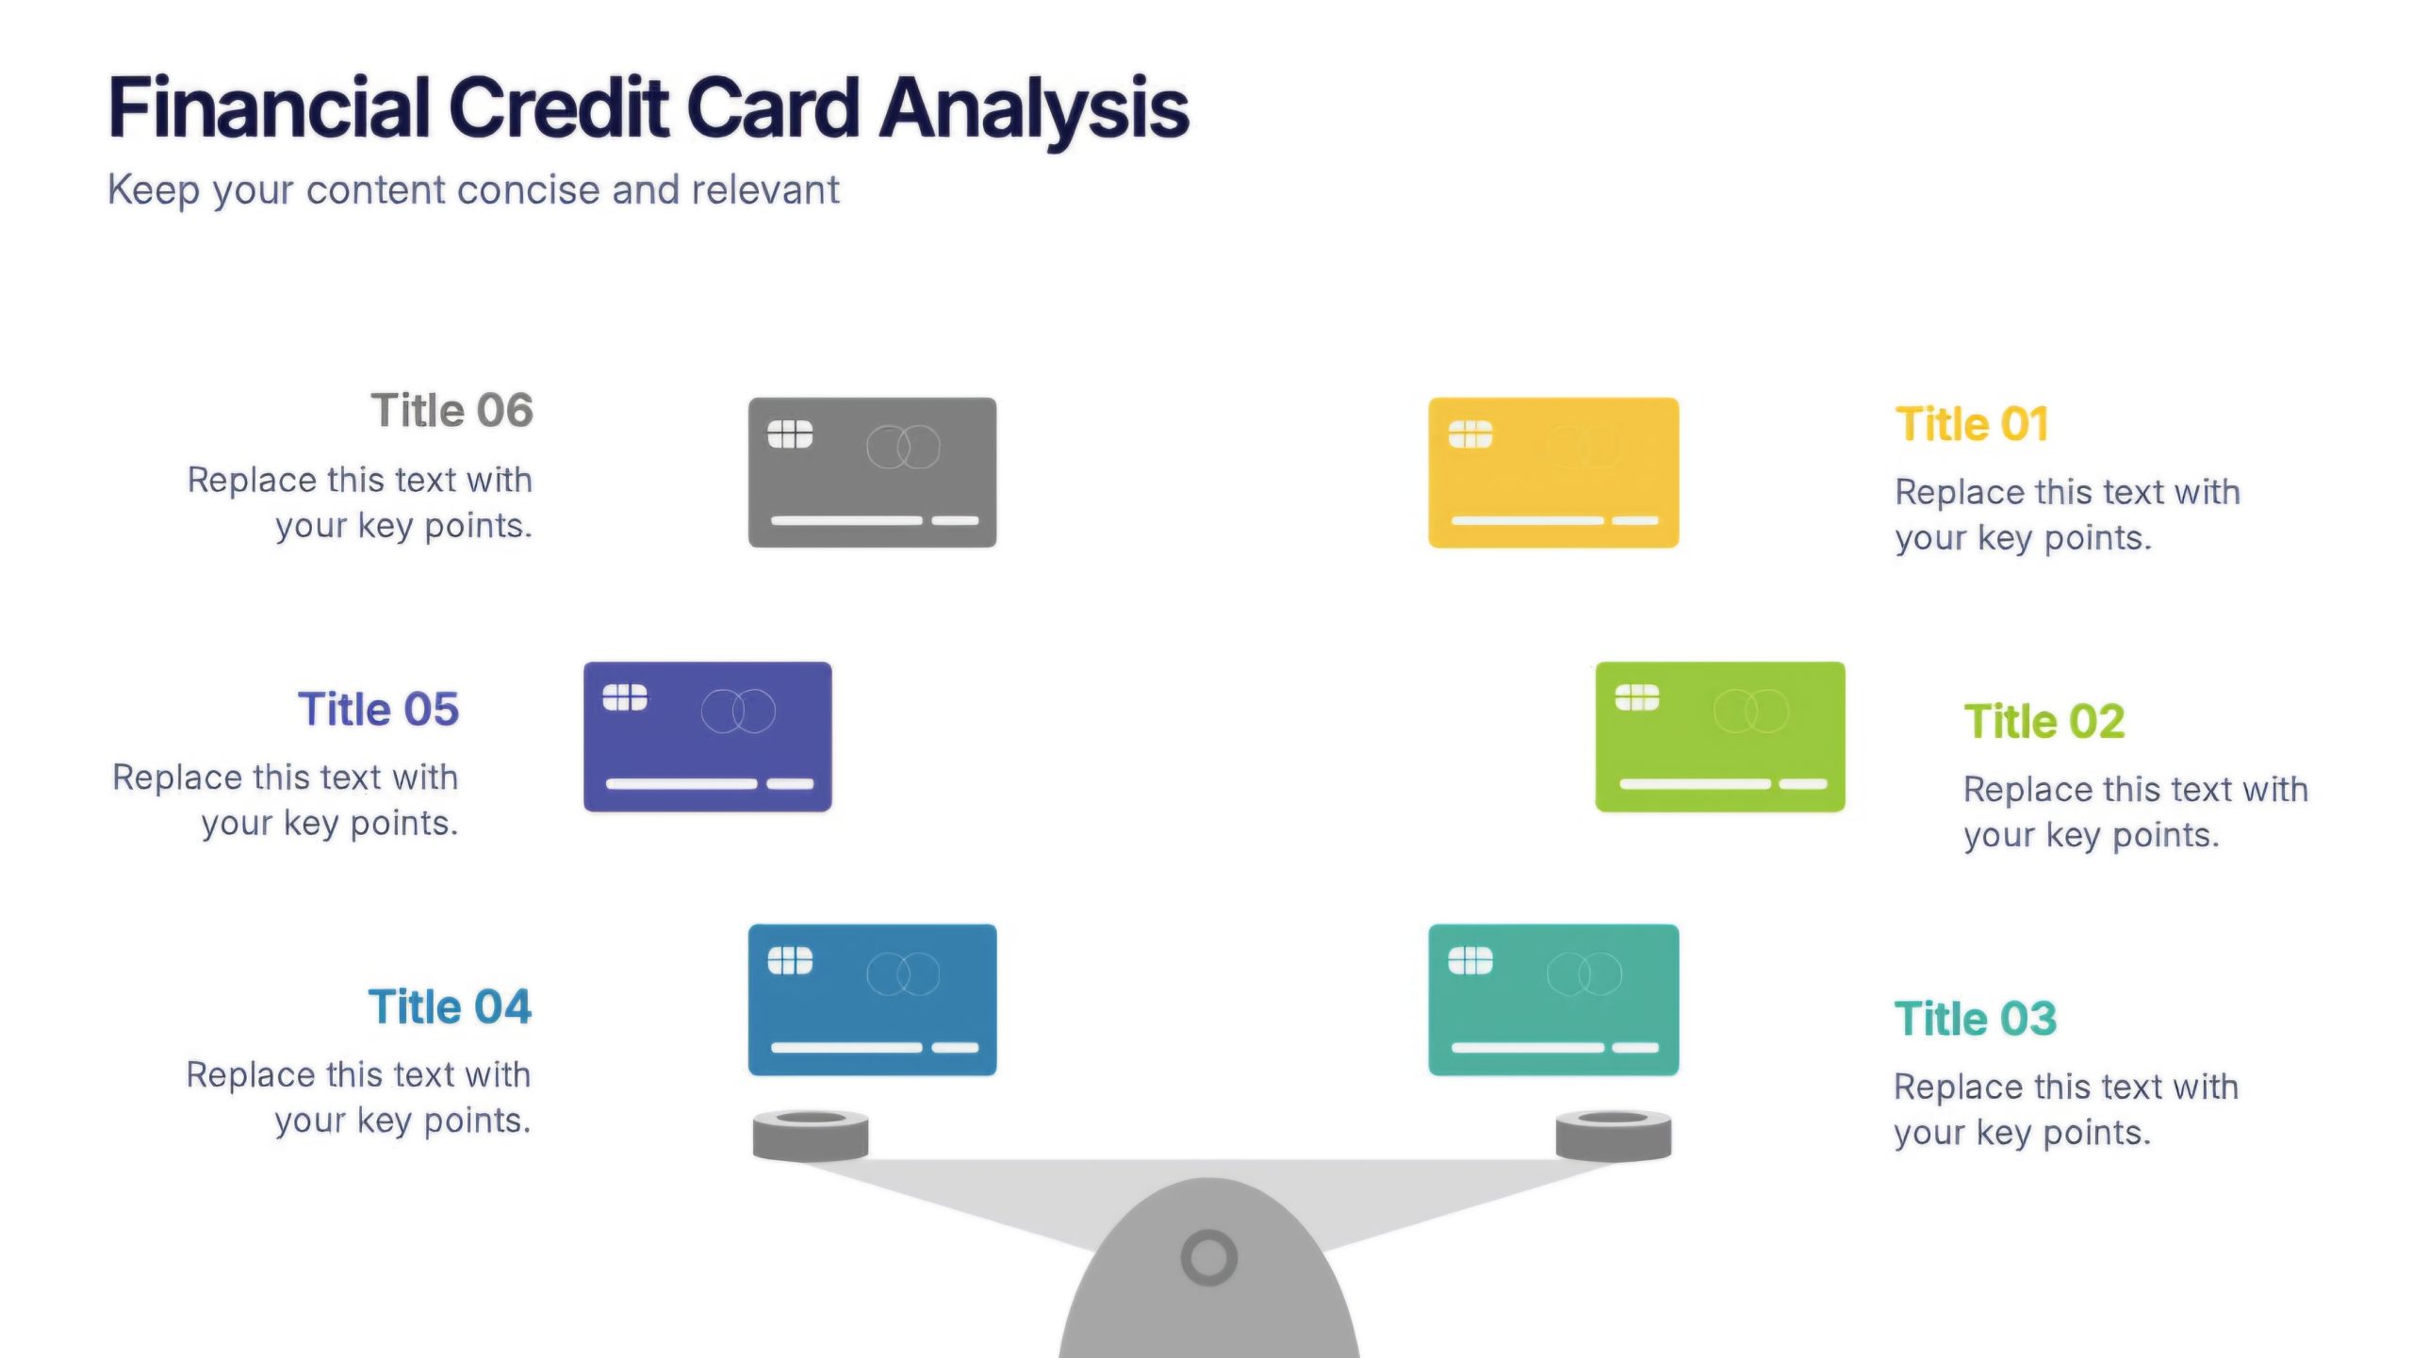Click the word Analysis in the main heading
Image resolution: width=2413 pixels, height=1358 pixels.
point(1034,111)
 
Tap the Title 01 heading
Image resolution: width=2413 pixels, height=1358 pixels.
point(1972,424)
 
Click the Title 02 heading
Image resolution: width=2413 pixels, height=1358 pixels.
point(2044,722)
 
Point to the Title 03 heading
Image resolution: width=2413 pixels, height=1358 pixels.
point(1976,1019)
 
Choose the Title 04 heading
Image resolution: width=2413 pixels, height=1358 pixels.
point(450,1006)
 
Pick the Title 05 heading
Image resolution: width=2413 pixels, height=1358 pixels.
point(379,710)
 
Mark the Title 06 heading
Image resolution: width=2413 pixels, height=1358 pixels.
point(451,411)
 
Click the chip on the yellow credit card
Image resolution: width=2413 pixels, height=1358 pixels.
point(1470,434)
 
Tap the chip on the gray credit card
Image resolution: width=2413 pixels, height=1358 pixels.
point(790,434)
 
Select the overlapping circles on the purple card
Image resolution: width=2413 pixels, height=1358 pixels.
point(738,712)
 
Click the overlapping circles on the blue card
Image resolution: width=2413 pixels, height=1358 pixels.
point(903,974)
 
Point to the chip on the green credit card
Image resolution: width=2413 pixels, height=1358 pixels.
point(1637,698)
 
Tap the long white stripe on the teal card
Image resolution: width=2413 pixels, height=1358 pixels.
point(1527,1047)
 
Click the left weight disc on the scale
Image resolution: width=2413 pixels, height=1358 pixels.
point(811,1136)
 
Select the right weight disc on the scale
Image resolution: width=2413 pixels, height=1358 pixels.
point(1613,1136)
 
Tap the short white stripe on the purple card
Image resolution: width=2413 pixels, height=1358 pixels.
point(790,784)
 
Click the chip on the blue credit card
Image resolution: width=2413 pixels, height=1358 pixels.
point(790,961)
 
